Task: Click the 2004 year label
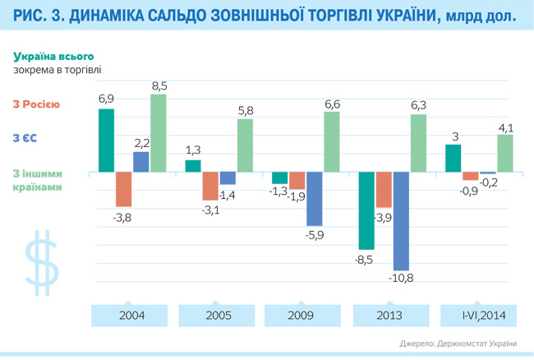(131, 316)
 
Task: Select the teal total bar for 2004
(106, 141)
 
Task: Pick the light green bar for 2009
(332, 141)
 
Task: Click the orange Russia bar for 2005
(210, 187)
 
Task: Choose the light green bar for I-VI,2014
(505, 153)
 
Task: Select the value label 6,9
(106, 99)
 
